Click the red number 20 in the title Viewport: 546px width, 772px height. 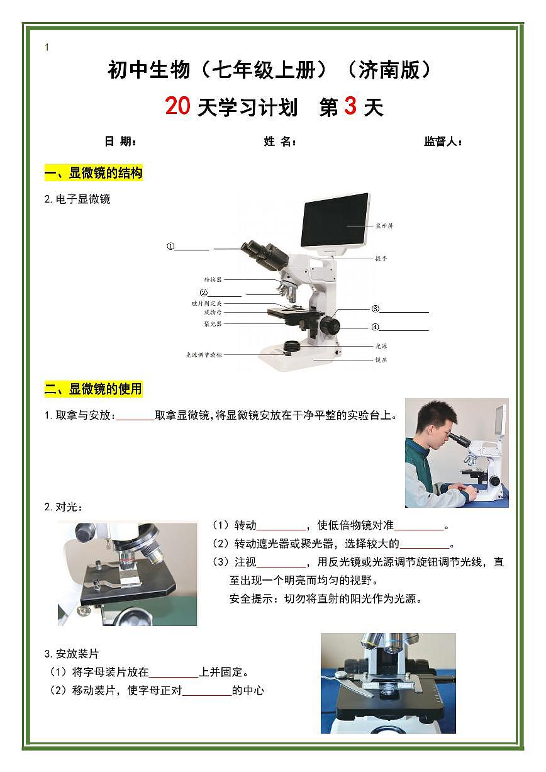177,106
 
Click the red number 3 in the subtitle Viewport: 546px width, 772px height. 350,106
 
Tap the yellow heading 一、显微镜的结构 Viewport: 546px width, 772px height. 94,173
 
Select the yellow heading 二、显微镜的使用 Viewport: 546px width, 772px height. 94,389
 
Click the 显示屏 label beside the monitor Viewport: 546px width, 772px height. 384,225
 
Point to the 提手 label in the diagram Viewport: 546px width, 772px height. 381,258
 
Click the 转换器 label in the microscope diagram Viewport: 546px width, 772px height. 213,279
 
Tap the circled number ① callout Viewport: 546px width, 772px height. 170,247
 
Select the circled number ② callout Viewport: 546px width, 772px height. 203,293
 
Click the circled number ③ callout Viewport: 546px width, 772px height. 375,309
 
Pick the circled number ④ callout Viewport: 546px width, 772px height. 375,327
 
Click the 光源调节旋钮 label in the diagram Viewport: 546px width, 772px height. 204,355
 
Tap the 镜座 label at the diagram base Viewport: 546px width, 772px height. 381,360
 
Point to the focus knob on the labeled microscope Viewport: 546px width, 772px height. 330,325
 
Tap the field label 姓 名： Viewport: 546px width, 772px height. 280,142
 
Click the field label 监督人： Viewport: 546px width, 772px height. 443,142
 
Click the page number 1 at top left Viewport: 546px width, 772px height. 47,47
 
